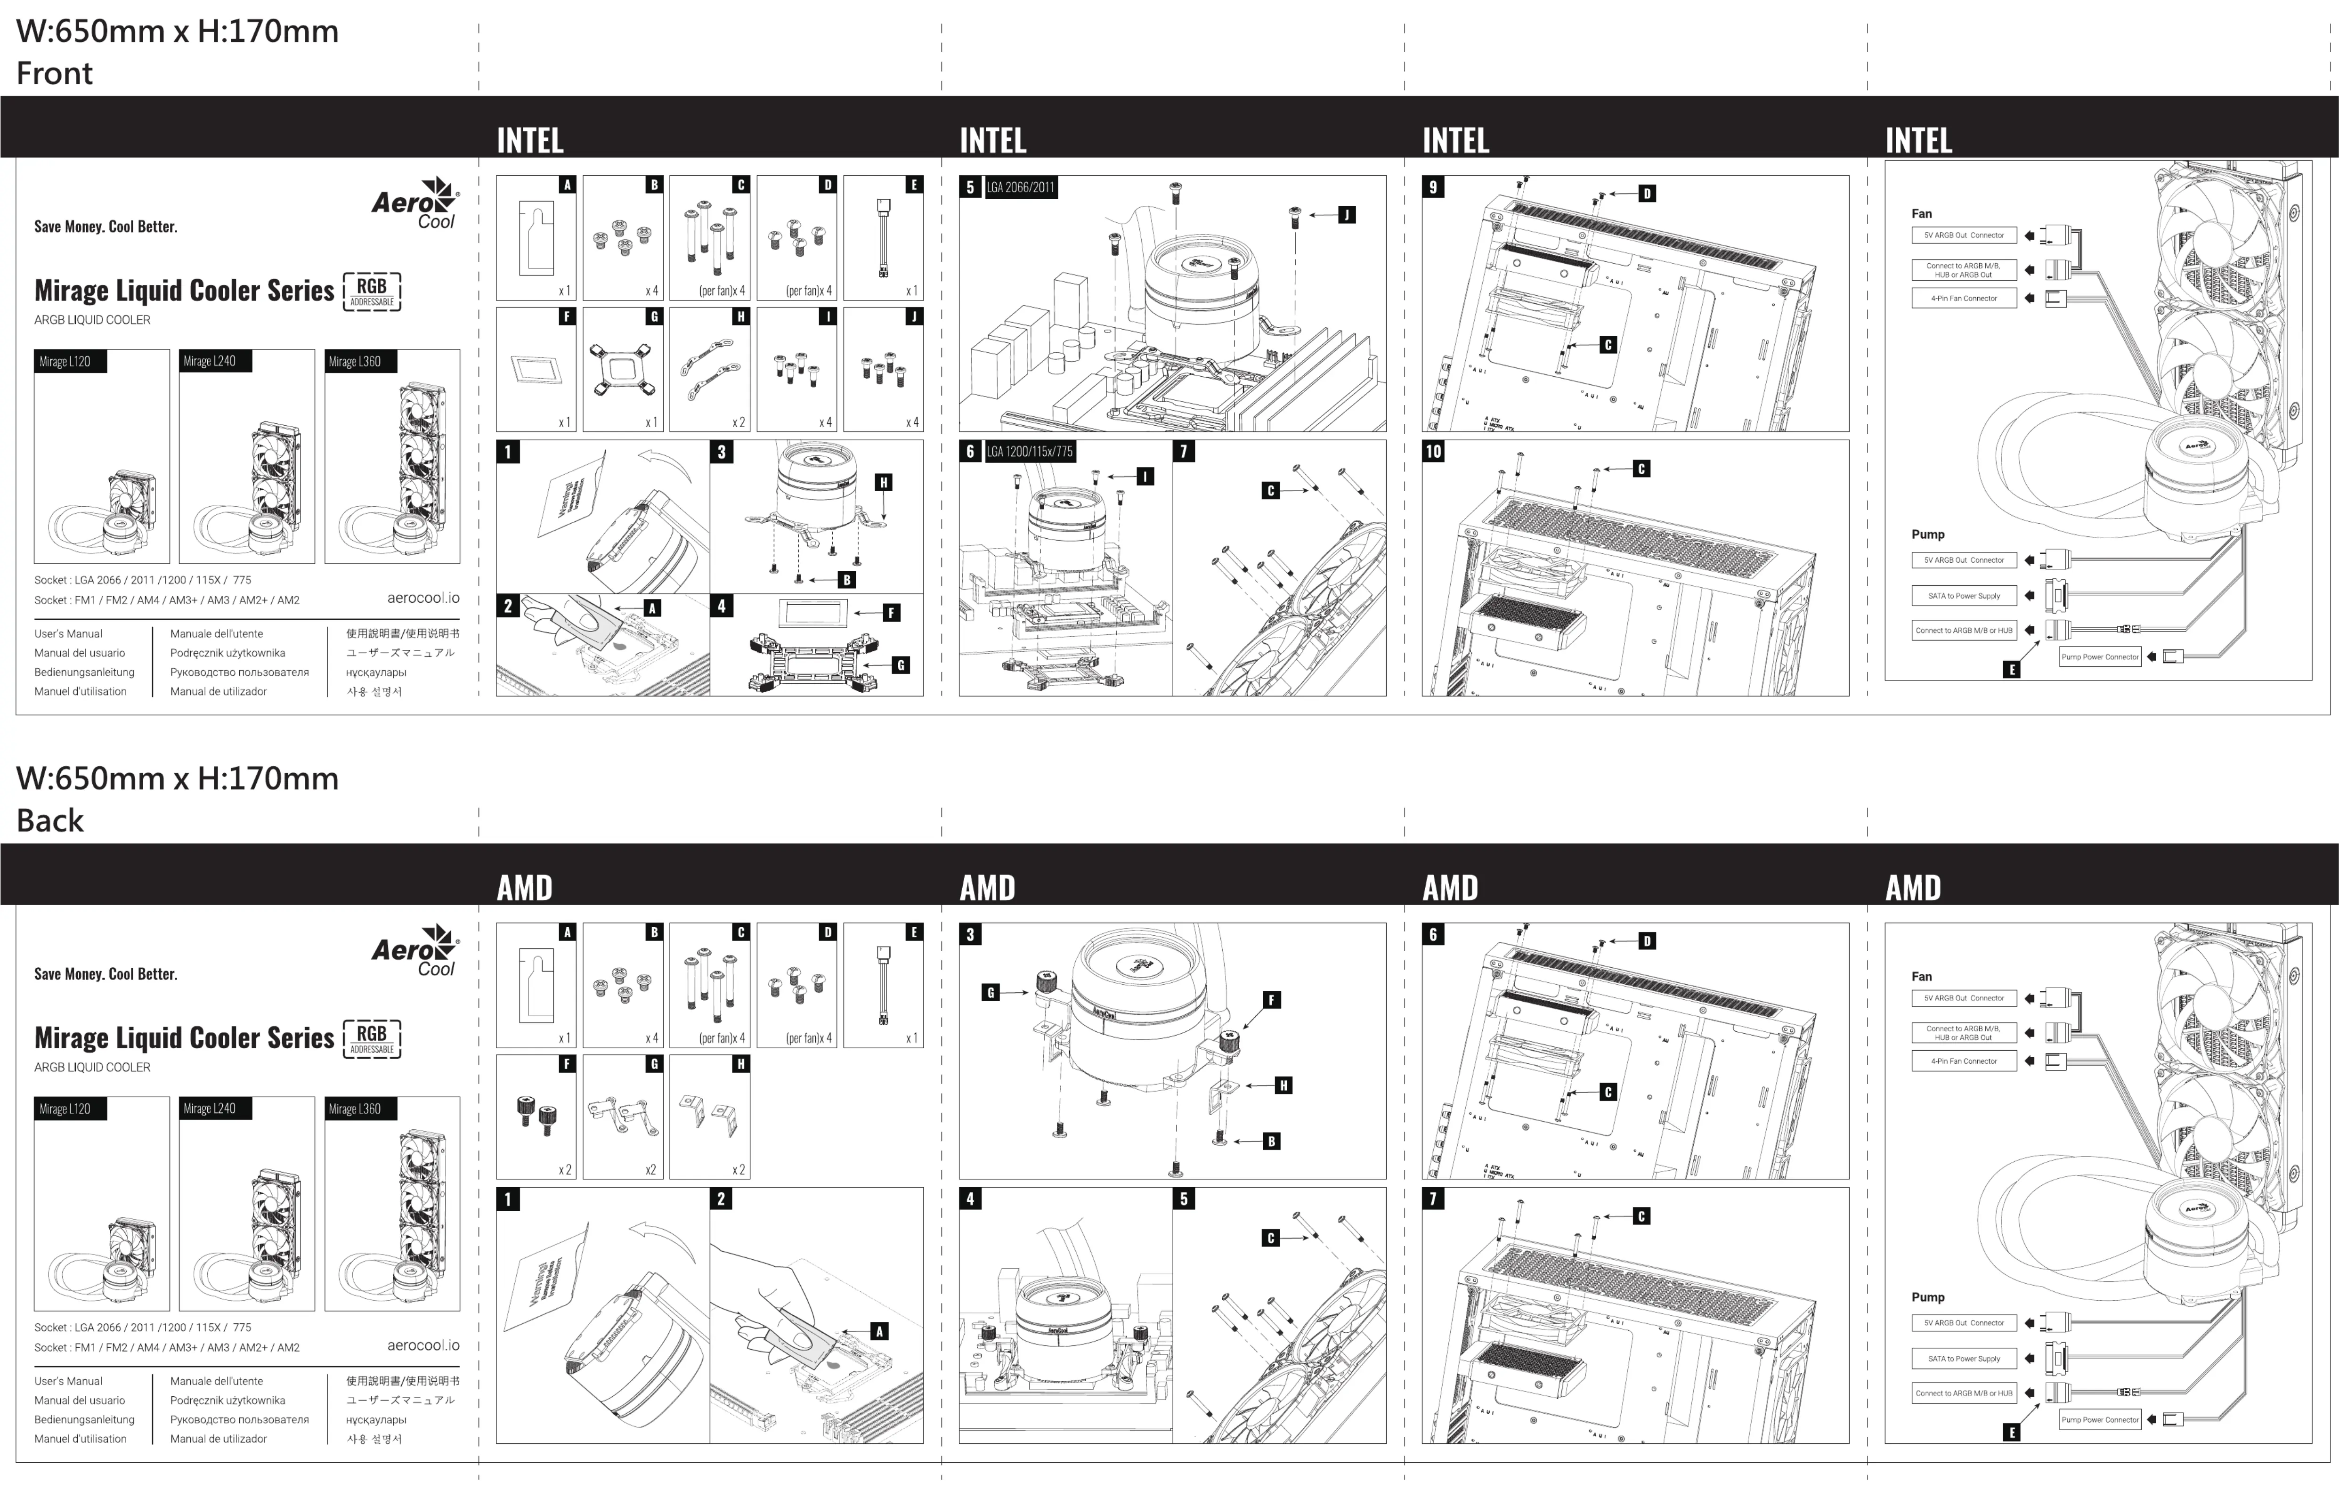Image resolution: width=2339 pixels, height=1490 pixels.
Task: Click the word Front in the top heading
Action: point(54,74)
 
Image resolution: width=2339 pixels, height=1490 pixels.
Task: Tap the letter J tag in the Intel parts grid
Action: point(913,316)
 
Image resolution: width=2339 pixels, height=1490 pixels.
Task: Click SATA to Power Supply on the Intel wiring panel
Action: point(1963,595)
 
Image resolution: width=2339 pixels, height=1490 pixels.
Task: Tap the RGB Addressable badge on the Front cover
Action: point(372,291)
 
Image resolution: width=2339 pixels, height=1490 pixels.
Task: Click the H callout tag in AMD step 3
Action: point(1283,1086)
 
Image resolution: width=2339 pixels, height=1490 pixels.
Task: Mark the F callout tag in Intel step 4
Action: point(891,613)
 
